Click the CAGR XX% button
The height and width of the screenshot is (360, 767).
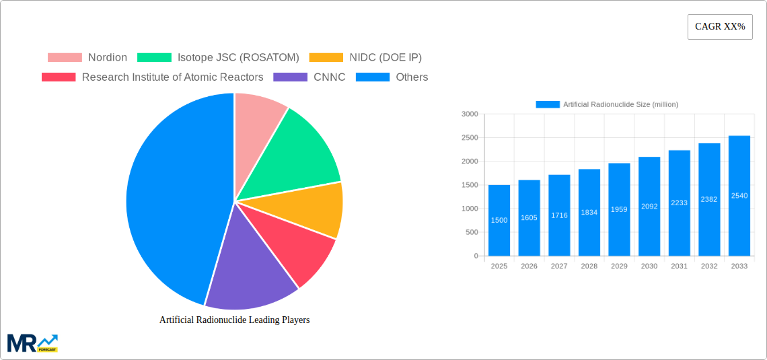720,27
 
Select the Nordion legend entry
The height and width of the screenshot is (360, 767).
87,58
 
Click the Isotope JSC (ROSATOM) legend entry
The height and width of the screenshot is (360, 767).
218,58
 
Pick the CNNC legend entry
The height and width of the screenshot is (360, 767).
309,77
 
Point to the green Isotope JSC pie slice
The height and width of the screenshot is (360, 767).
296,151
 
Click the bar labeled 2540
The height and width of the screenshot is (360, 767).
739,196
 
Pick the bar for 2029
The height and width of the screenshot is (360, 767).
619,209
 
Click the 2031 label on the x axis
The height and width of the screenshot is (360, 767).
679,266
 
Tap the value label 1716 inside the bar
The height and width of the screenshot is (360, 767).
559,215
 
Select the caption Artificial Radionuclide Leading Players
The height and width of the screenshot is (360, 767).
234,320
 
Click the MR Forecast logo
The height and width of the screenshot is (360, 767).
32,343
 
